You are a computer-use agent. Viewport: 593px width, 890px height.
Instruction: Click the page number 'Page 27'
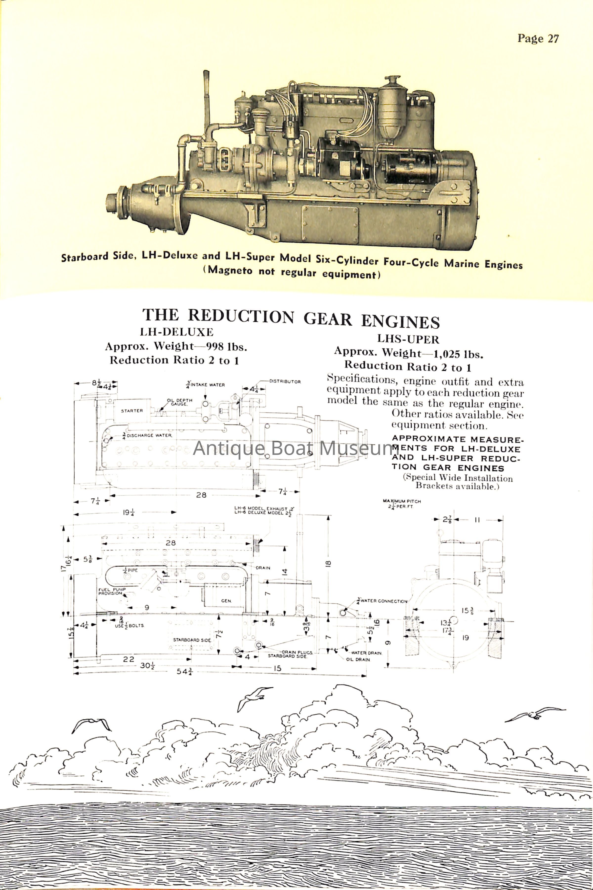click(538, 39)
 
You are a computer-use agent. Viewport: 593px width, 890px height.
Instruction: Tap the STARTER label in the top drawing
click(132, 411)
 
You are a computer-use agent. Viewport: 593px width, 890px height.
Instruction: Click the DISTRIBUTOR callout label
click(285, 381)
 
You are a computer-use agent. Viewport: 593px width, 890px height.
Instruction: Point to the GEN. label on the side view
click(226, 601)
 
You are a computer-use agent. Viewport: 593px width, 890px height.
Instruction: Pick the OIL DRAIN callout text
click(358, 660)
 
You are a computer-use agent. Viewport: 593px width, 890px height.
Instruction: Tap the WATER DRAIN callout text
click(366, 653)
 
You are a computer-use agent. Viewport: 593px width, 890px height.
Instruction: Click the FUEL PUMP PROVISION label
click(112, 591)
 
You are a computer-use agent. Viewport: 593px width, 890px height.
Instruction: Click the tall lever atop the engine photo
click(207, 100)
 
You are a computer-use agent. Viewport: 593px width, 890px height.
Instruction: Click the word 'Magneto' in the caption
click(230, 271)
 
